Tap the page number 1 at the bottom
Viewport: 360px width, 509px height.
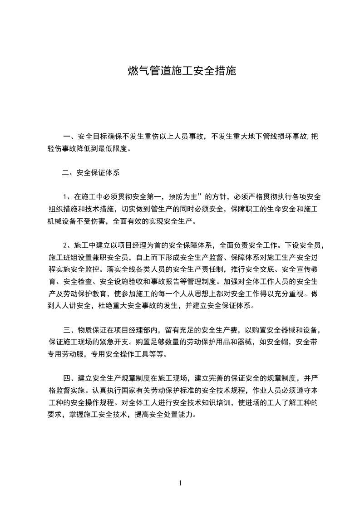tap(180, 483)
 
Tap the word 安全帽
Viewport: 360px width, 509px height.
tap(281, 342)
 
